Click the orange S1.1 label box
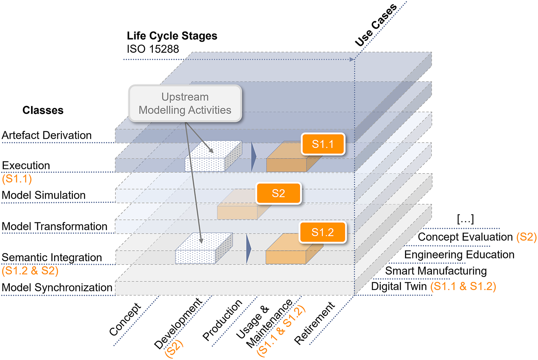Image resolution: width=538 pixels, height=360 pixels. (x=322, y=144)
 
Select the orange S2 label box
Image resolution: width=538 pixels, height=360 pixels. (x=278, y=193)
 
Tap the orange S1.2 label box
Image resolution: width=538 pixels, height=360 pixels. (x=322, y=233)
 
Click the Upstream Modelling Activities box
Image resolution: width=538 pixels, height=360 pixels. (x=185, y=103)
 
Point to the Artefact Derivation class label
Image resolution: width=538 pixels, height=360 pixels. (x=47, y=135)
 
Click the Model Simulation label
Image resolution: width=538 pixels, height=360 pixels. (x=44, y=195)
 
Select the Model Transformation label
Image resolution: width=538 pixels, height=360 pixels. (x=54, y=227)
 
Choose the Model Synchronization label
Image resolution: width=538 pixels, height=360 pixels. (x=57, y=288)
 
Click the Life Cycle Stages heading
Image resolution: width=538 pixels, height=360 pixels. (x=172, y=36)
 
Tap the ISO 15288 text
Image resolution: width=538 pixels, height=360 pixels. (x=153, y=49)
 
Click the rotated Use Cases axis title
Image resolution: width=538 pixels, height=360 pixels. (x=376, y=25)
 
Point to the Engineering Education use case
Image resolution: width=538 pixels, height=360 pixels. (x=459, y=255)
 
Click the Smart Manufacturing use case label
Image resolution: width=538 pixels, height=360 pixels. (x=436, y=271)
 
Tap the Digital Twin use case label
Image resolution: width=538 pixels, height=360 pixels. (x=399, y=286)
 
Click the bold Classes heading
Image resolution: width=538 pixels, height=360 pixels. (x=43, y=110)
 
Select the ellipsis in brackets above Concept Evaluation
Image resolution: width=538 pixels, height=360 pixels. (x=465, y=219)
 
